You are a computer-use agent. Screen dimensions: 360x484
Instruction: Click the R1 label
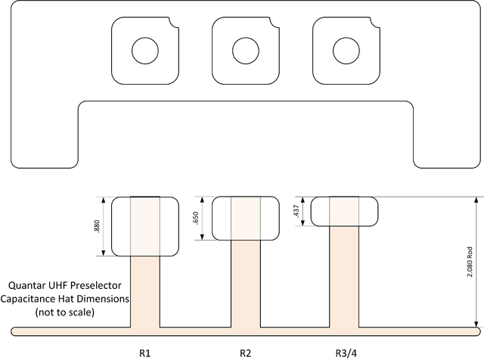(144, 352)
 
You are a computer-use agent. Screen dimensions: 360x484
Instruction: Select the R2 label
(245, 352)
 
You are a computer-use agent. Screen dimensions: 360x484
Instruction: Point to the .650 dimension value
(197, 219)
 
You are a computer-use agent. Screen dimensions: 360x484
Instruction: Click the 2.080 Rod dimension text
(469, 262)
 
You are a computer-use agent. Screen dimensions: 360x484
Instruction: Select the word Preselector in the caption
(101, 287)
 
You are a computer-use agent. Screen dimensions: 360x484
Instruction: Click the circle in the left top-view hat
(144, 51)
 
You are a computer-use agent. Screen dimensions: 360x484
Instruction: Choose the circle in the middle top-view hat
(245, 51)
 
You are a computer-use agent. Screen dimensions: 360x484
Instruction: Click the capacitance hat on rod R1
(144, 226)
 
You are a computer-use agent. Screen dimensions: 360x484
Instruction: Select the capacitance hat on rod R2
(245, 218)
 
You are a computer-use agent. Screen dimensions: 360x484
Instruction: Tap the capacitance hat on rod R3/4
(345, 211)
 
